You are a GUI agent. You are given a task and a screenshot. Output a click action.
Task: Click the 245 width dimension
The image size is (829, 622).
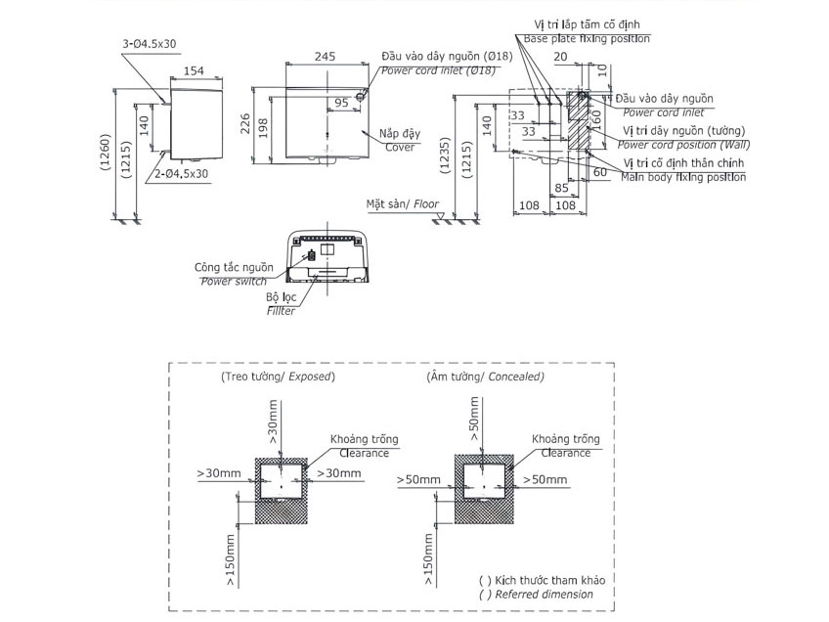tap(326, 57)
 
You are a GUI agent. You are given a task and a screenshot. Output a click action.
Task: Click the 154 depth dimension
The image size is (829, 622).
tap(196, 70)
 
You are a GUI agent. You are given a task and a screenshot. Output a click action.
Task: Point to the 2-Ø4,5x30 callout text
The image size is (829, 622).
tap(180, 173)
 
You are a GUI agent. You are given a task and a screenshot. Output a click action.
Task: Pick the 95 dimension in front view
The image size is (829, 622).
tap(341, 102)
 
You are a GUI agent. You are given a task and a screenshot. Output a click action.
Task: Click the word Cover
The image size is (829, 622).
tap(398, 148)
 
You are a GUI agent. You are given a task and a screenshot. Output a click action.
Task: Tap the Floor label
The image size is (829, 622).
tap(426, 205)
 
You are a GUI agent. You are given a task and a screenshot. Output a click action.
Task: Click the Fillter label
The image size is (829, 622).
tap(281, 311)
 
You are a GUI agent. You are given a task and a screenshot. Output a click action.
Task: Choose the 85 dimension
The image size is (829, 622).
tap(562, 187)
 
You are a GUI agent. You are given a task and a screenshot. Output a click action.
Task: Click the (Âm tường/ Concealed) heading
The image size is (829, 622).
tap(486, 376)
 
